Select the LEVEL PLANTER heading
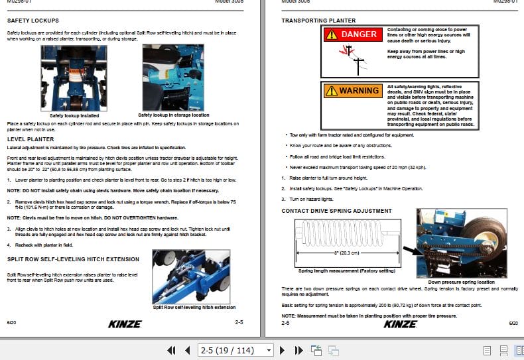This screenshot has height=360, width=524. (31, 139)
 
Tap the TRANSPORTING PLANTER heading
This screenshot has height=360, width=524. (318, 21)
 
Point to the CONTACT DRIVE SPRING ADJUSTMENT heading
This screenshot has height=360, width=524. (336, 211)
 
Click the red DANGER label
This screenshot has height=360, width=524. (354, 34)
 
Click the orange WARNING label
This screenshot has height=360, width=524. (354, 90)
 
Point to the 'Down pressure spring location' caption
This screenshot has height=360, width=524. (448, 282)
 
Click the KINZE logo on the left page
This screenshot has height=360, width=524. (125, 324)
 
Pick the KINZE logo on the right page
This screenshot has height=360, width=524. (401, 324)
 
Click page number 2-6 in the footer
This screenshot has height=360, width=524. (285, 323)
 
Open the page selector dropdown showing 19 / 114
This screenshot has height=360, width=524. (235, 350)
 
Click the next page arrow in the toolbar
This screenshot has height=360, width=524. (282, 350)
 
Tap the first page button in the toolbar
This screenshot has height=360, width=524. (171, 350)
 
